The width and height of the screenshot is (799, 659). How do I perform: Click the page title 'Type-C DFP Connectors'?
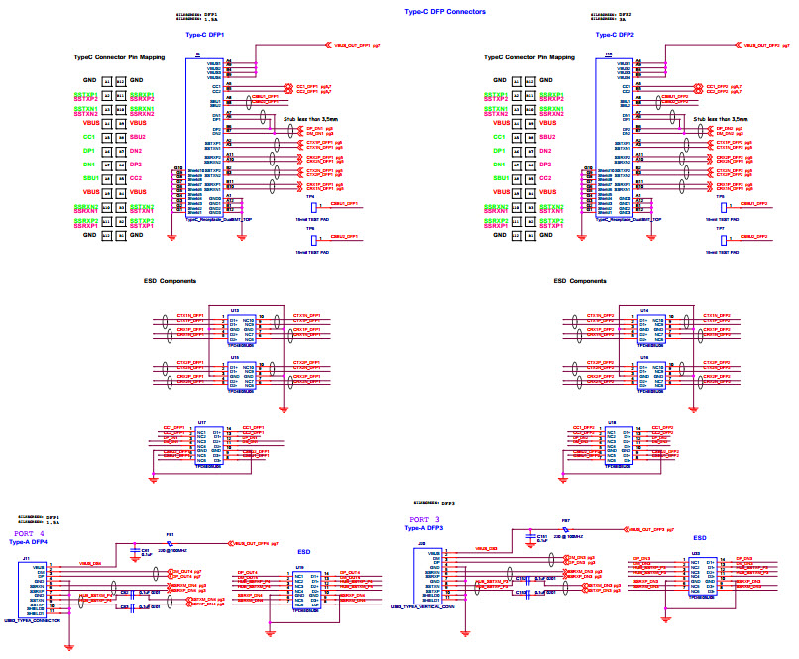click(x=446, y=12)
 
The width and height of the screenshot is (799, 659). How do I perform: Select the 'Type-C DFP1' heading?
click(x=205, y=35)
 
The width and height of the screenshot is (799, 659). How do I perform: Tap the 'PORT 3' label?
click(x=424, y=519)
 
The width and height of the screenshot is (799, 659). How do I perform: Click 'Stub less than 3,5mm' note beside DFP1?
click(x=310, y=118)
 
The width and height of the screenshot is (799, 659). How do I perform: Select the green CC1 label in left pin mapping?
click(x=89, y=136)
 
